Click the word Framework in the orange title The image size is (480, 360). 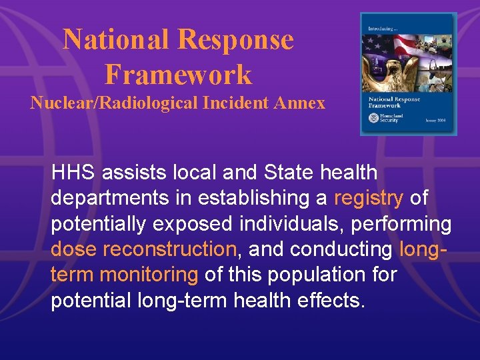click(x=178, y=74)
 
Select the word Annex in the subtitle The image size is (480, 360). click(x=301, y=103)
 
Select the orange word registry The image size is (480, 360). click(x=368, y=198)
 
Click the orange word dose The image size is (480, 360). click(x=74, y=249)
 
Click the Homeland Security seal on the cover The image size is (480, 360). click(x=373, y=118)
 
